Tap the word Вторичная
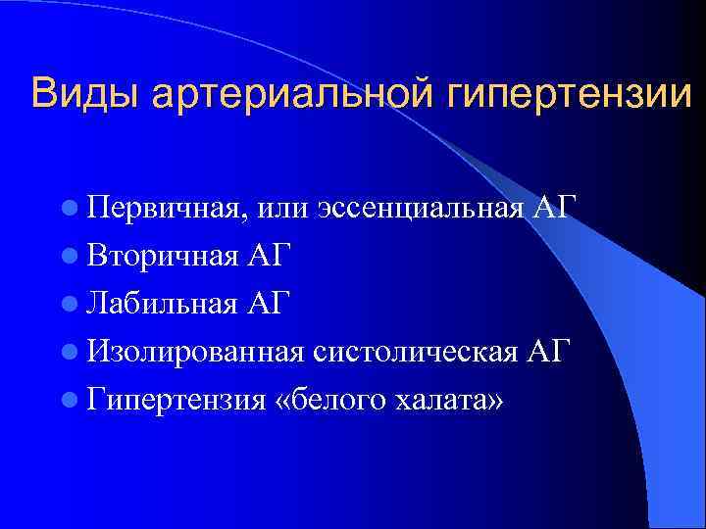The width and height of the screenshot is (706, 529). [x=161, y=255]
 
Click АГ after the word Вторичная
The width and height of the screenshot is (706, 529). [x=268, y=255]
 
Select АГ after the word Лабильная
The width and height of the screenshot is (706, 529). [x=269, y=301]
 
